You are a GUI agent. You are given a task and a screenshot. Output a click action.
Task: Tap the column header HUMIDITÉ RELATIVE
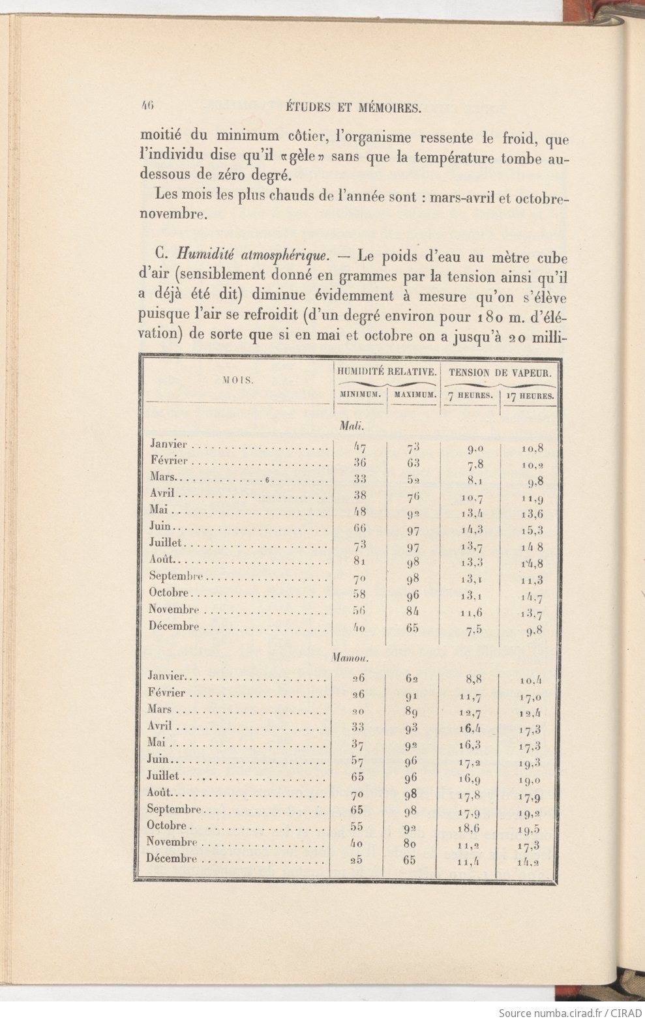click(387, 372)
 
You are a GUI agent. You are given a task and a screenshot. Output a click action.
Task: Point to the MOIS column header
click(239, 379)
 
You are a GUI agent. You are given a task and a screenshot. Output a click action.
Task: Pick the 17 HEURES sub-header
click(529, 396)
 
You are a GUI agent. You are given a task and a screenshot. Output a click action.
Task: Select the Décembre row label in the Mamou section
click(172, 859)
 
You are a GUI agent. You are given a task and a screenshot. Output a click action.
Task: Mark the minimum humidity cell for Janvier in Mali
click(359, 447)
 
